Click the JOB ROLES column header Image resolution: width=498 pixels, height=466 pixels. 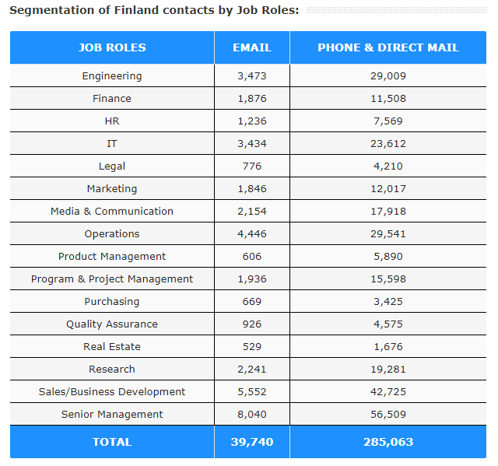pos(112,47)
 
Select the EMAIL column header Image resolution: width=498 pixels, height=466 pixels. pos(252,47)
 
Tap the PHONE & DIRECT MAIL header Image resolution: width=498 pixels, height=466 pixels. pos(388,47)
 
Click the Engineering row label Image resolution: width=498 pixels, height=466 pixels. pos(112,76)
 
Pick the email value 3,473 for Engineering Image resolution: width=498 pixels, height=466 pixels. pos(252,76)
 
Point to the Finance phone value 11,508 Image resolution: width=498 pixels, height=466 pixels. pos(388,99)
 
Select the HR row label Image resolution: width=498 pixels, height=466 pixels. pos(112,121)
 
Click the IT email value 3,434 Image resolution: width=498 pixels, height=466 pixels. pos(252,144)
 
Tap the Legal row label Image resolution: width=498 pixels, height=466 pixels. pos(112,166)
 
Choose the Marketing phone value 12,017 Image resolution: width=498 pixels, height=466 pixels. pos(388,189)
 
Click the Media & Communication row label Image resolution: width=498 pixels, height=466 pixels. pos(112,212)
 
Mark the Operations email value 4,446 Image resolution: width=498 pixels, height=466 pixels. pos(252,234)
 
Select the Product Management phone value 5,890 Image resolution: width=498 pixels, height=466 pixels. pos(388,257)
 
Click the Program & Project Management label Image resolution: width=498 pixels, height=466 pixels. pos(112,279)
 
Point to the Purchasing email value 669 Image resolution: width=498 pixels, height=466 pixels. pos(252,302)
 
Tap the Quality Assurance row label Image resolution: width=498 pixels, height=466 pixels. pos(112,324)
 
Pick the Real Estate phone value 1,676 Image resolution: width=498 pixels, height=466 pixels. pos(388,347)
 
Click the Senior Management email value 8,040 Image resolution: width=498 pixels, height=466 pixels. pos(252,415)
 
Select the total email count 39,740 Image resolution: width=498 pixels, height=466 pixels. pos(252,442)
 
